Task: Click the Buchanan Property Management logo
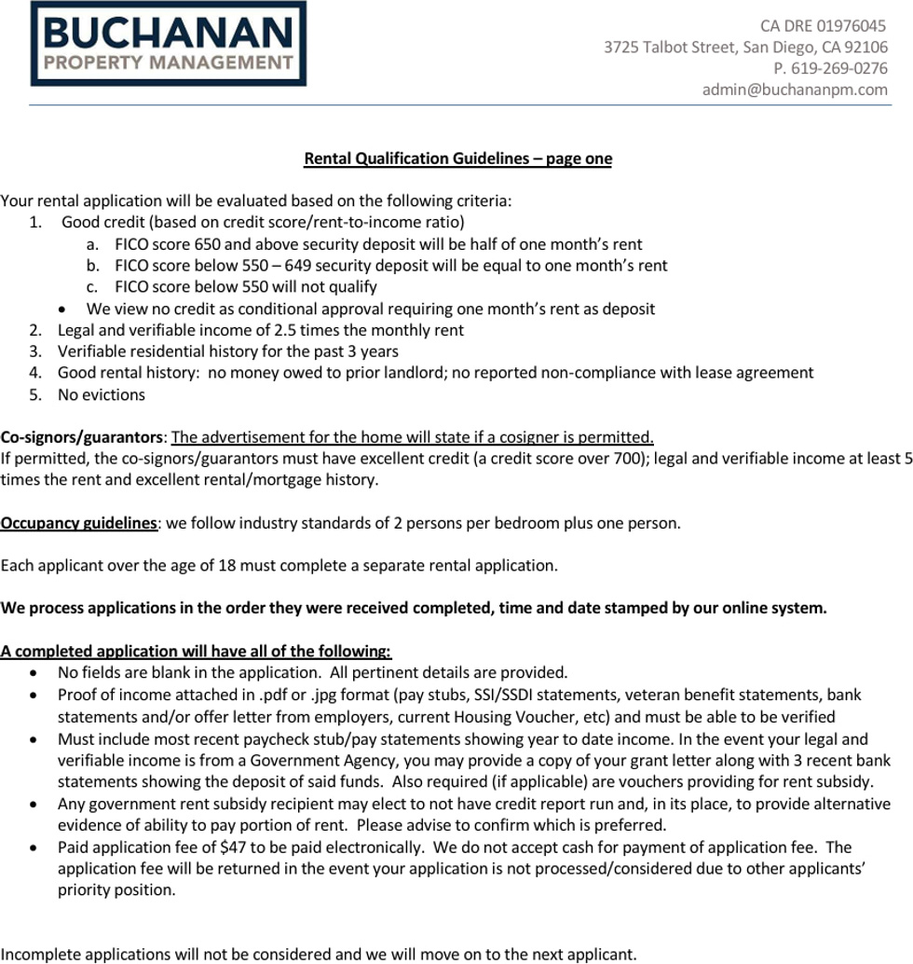pyautogui.click(x=168, y=44)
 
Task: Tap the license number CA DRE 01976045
pyautogui.click(x=823, y=26)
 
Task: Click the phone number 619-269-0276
pyautogui.click(x=838, y=68)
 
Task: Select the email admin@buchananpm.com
pyautogui.click(x=794, y=90)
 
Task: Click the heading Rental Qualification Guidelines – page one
pyautogui.click(x=457, y=158)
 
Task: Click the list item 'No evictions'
pyautogui.click(x=102, y=394)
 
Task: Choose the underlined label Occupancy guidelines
pyautogui.click(x=78, y=523)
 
